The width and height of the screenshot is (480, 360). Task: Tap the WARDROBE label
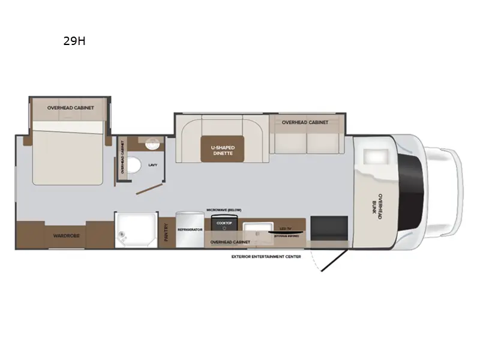[67, 236]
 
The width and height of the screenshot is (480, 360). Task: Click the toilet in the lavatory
[136, 164]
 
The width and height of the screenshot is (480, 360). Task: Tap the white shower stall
[136, 230]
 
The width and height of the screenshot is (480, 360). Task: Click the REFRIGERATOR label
[190, 229]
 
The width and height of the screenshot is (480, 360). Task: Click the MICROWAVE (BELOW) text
[224, 209]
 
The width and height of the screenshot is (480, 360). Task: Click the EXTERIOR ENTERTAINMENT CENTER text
[266, 256]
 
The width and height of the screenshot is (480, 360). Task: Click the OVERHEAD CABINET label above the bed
[70, 107]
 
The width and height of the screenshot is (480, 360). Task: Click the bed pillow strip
[70, 127]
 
